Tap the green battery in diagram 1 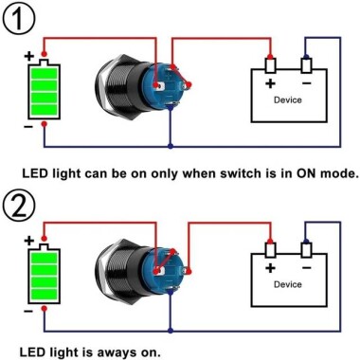[43, 90]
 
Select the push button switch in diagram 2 [133, 268]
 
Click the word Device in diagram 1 [288, 99]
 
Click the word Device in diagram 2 [288, 283]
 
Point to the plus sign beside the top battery [28, 55]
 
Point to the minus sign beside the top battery [28, 125]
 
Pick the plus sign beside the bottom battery [28, 241]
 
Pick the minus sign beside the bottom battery [28, 309]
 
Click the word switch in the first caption [202, 174]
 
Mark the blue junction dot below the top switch [170, 146]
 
